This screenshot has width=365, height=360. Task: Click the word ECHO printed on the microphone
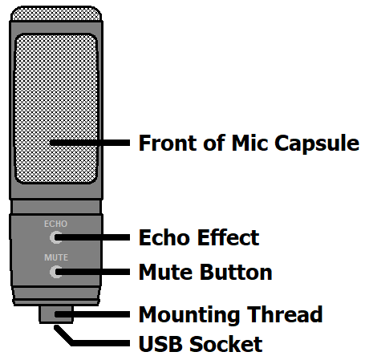55,224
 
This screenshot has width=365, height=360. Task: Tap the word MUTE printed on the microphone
56,257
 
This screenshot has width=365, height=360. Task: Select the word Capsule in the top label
317,144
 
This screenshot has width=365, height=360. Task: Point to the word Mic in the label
250,144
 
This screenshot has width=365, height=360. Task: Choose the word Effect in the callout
229,237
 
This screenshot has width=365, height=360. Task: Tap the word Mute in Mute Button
166,272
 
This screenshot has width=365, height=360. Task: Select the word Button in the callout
236,272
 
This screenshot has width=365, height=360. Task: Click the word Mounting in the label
189,315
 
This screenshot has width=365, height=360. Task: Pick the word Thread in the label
285,314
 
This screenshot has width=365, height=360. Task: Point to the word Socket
226,344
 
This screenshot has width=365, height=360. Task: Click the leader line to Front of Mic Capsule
90,143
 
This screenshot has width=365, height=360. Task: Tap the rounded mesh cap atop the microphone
56,14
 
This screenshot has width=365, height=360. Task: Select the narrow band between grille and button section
56,207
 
